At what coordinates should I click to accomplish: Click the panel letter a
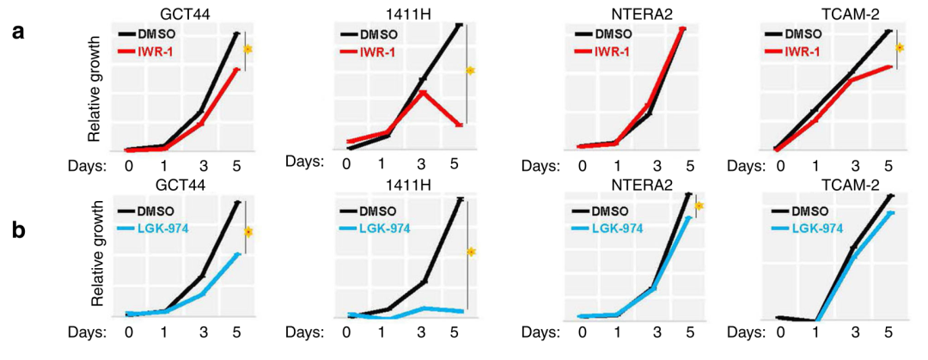tap(19, 33)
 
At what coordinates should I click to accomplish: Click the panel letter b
tap(19, 231)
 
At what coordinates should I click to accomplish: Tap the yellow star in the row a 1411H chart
tap(471, 70)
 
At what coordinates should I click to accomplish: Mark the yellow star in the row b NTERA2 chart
tap(699, 206)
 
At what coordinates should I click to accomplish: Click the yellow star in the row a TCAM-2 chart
tap(899, 47)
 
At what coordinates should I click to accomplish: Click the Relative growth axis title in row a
tap(95, 90)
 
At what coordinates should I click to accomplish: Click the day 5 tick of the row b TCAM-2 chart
tap(888, 331)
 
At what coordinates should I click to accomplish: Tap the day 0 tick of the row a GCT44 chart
tap(128, 165)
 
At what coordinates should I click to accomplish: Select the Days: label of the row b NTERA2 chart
tap(540, 331)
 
